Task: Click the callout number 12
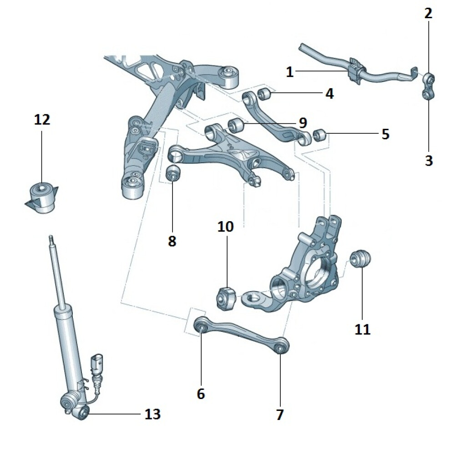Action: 42,120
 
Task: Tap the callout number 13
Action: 152,414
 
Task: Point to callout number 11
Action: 363,329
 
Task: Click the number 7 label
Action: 280,414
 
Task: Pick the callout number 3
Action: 429,161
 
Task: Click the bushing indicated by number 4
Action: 264,95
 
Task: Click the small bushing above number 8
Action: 173,173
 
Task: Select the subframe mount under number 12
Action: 42,197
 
